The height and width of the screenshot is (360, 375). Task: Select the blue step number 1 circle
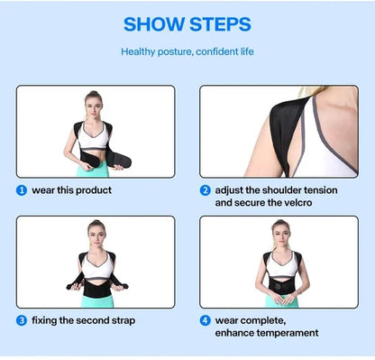point(22,190)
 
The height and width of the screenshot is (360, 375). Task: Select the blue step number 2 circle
point(206,190)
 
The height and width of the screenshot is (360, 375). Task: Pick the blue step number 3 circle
point(22,319)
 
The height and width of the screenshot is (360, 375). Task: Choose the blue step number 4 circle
point(206,319)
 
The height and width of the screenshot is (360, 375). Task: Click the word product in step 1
point(96,190)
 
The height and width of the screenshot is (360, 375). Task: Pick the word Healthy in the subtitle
point(141,51)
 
